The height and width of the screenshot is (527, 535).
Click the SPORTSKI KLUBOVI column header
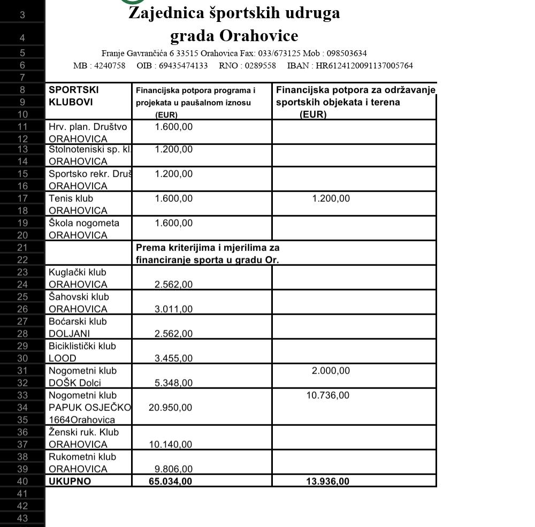point(74,96)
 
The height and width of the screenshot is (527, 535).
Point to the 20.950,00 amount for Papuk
point(170,408)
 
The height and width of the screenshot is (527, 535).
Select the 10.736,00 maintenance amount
point(328,395)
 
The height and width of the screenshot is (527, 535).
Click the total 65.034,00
point(170,482)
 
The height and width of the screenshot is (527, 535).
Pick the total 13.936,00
point(327,482)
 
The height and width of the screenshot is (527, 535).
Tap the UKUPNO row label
point(70,482)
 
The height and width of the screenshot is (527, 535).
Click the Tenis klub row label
point(71,198)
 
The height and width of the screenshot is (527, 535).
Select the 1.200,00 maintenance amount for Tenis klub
point(331,198)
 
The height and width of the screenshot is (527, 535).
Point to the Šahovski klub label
point(79,297)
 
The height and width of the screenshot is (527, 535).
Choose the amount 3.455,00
point(173,358)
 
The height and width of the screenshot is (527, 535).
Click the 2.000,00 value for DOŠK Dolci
point(331,371)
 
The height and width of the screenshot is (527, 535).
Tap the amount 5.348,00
point(173,383)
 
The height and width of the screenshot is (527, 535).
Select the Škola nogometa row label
point(84,223)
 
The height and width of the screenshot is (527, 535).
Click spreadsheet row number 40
point(22,482)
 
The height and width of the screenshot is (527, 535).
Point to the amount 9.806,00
point(173,469)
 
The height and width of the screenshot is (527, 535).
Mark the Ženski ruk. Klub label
point(83,432)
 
